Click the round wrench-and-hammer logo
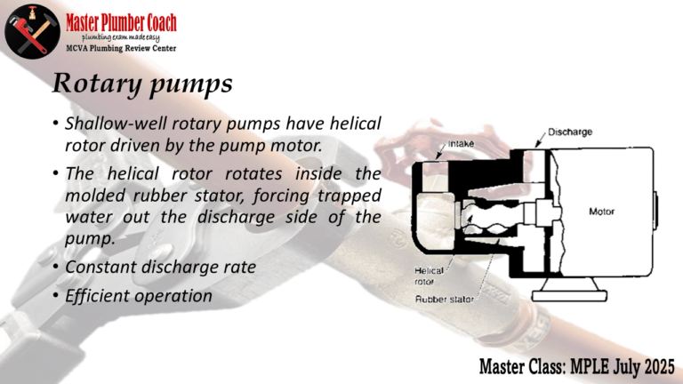(x=32, y=32)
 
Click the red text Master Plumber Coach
(x=121, y=22)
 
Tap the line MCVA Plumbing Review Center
(x=121, y=48)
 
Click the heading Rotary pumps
(x=142, y=83)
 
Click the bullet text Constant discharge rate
(x=160, y=267)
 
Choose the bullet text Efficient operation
(x=139, y=296)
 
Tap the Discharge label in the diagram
(x=570, y=132)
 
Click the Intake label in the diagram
(x=462, y=143)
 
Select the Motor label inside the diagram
(x=601, y=212)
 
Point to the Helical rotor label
(x=429, y=276)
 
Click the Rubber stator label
(x=444, y=299)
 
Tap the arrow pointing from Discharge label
(x=540, y=140)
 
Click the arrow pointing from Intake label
(x=441, y=150)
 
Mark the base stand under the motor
(x=569, y=291)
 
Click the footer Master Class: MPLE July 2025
(x=577, y=366)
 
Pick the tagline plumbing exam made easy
(x=121, y=38)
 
